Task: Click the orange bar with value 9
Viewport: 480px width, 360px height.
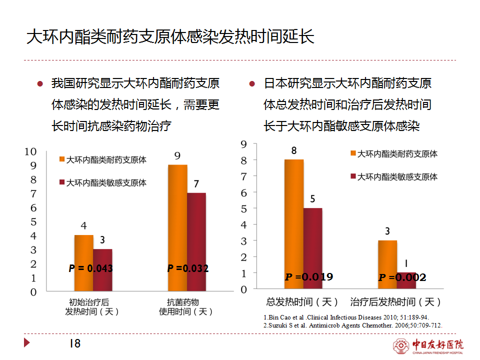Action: coord(177,227)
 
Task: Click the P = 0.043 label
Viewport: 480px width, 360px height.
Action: coord(90,268)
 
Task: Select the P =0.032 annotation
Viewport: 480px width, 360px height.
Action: coord(187,268)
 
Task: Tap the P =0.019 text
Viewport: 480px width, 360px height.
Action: coord(308,277)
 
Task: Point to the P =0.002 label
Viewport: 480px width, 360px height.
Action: coord(402,277)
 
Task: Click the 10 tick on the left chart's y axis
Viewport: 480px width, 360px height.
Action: coord(30,151)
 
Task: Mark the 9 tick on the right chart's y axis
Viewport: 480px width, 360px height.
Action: coord(244,144)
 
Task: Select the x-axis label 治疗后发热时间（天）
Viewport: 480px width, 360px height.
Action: coord(395,302)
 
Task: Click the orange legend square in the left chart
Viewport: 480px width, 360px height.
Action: coord(62,159)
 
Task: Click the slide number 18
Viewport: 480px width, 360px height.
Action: coord(74,343)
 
